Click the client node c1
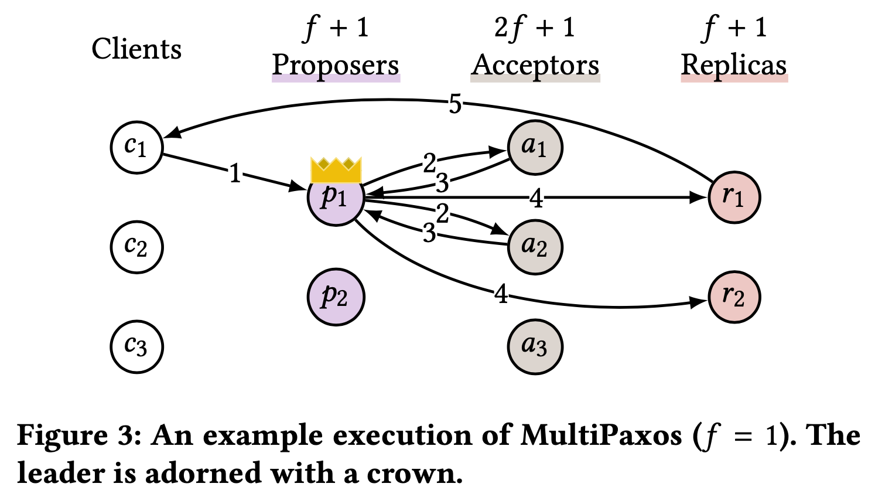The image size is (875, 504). [136, 148]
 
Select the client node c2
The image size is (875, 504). [136, 247]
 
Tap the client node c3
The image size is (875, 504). [136, 347]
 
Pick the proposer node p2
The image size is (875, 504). [336, 297]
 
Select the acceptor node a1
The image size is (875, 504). [535, 148]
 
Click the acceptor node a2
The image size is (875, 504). [535, 247]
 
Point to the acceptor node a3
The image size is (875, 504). [535, 347]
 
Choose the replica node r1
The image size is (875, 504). [734, 197]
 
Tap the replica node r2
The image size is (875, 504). [734, 297]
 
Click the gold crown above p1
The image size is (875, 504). [336, 171]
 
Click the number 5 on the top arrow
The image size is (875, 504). [455, 105]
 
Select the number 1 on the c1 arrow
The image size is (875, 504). [235, 173]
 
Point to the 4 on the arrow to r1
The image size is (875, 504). [536, 199]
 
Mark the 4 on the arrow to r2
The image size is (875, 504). [501, 294]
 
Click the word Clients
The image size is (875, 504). [136, 49]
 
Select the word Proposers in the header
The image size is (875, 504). [336, 65]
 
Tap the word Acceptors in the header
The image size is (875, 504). [535, 65]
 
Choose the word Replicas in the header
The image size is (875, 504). [734, 65]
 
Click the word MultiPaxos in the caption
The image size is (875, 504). [601, 435]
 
